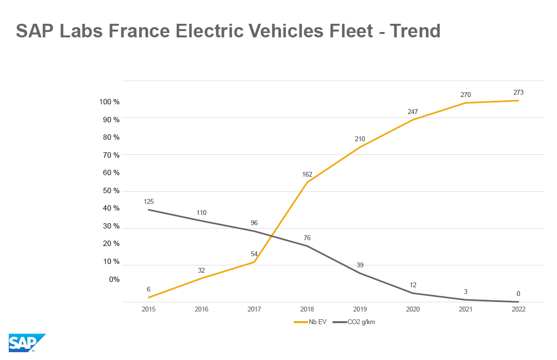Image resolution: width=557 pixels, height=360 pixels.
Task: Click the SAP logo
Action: [x=27, y=343]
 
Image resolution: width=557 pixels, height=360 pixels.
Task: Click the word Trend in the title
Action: [x=415, y=31]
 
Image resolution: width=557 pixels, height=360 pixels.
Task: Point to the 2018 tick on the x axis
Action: [x=307, y=309]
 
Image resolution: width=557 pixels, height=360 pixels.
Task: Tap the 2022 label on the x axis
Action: [x=518, y=309]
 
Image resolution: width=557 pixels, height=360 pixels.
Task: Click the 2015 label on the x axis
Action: [x=148, y=309]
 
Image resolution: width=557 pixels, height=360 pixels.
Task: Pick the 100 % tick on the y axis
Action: [x=109, y=102]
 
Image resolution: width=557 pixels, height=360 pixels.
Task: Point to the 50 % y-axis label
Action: [x=111, y=191]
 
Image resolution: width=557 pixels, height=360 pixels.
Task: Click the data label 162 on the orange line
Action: [x=307, y=175]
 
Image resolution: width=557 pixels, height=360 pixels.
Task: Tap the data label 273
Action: [x=518, y=92]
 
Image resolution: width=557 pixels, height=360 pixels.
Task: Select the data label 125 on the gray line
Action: [x=148, y=201]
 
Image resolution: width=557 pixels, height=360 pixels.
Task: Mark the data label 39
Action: [x=360, y=265]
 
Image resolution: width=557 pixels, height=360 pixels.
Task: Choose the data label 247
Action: [x=412, y=112]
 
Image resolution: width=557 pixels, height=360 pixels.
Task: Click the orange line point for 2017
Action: [x=254, y=262]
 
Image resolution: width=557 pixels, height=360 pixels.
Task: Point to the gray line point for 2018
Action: [x=307, y=246]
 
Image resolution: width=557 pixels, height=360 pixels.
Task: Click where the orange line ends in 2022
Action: [x=518, y=100]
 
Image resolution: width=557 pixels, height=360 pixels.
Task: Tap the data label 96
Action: [x=254, y=223]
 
